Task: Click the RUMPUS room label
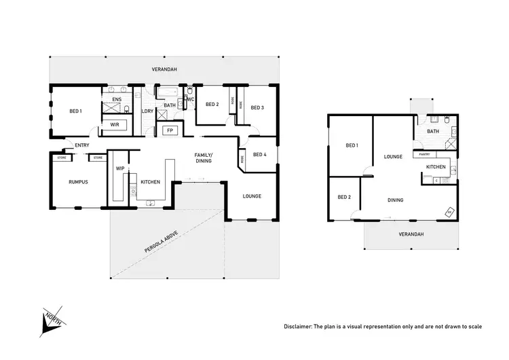coord(79,182)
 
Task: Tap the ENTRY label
coord(82,145)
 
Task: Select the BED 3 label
coord(257,107)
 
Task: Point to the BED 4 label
coord(259,154)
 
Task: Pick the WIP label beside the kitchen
coord(120,168)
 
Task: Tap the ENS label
coord(117,100)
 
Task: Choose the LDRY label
coord(147,111)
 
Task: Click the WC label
coord(191,100)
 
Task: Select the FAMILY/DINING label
coord(204,158)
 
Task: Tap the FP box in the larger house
coord(170,129)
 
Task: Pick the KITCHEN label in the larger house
coord(150,182)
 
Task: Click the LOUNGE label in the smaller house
coord(394,156)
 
